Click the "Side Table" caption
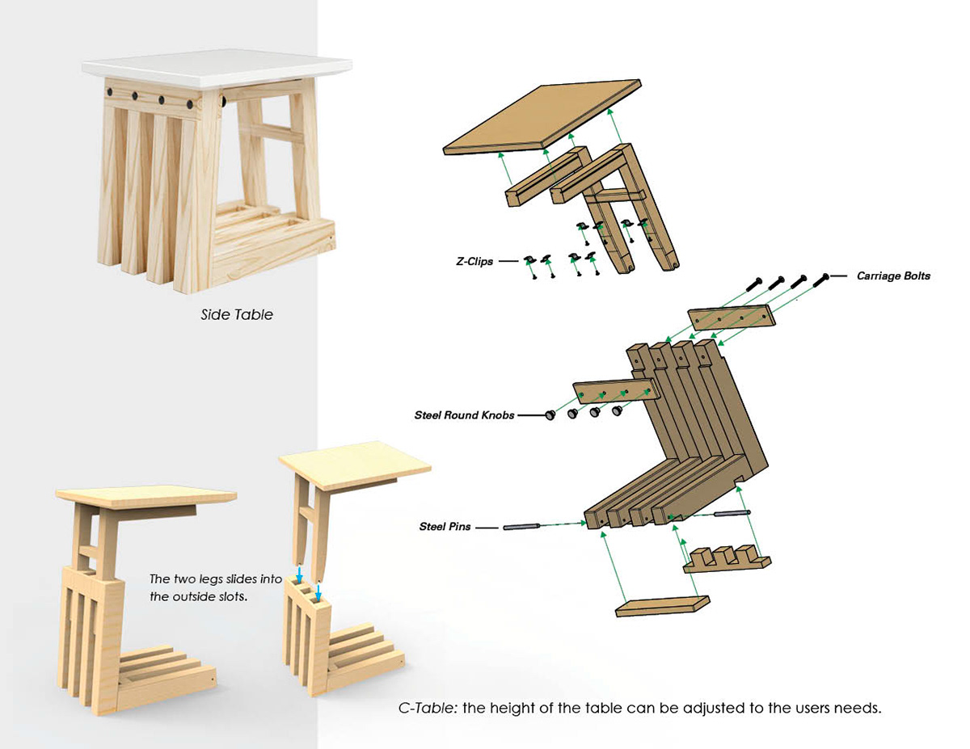click(237, 314)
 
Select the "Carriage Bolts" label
click(893, 276)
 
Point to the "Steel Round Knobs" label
click(464, 416)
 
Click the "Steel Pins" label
click(445, 527)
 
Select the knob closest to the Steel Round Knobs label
click(550, 415)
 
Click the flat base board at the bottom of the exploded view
click(662, 605)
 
